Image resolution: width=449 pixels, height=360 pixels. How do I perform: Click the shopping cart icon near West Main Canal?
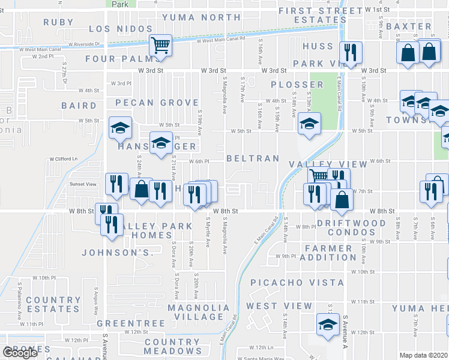coord(160,45)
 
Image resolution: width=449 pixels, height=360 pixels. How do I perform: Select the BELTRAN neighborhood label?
coord(253,158)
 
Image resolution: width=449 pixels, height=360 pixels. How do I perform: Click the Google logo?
coord(20,353)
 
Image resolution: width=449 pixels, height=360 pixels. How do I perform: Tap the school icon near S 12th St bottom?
coord(328,325)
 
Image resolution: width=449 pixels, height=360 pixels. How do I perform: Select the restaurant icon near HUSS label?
coord(348,52)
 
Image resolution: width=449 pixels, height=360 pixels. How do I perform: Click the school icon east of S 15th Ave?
coord(309,124)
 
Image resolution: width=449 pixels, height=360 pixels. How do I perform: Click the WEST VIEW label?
coord(279,306)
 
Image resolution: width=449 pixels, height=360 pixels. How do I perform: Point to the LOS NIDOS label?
coord(117,29)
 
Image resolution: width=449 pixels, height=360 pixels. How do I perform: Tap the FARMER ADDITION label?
coord(330,253)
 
